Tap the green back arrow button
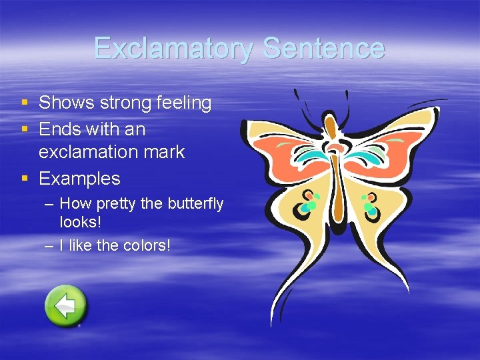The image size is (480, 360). pos(65,306)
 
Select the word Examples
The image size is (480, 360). pos(79,179)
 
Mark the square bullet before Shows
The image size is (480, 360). pos(25,103)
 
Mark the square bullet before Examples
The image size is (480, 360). pos(25,179)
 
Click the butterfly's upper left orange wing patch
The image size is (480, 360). pos(287,153)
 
